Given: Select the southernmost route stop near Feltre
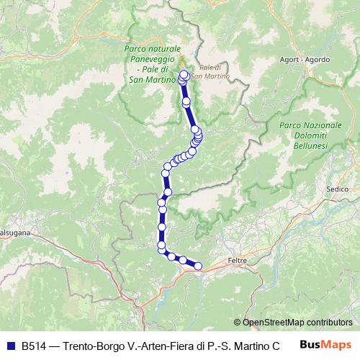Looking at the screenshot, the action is pyautogui.click(x=198, y=266).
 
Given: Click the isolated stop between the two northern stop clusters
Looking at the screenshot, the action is pyautogui.click(x=186, y=102).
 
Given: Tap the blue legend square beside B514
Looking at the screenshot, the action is pyautogui.click(x=9, y=345).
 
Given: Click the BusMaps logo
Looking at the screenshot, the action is pyautogui.click(x=325, y=345).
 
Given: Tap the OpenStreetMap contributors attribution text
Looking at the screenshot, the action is pyautogui.click(x=297, y=323).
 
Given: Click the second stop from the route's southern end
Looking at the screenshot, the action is pyautogui.click(x=183, y=260).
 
